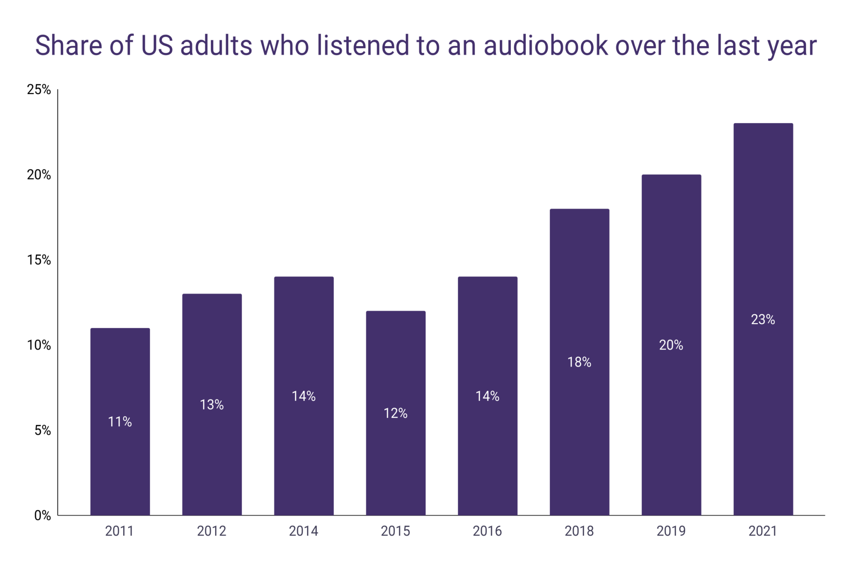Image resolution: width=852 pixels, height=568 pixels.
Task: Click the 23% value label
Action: (763, 320)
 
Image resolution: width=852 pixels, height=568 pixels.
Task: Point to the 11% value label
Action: (120, 422)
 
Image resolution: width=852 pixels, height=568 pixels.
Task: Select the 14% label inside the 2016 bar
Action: (488, 396)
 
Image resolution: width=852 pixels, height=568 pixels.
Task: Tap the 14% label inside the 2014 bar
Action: (304, 396)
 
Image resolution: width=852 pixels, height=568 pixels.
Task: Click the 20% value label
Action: (671, 345)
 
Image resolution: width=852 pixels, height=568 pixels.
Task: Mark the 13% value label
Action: (212, 405)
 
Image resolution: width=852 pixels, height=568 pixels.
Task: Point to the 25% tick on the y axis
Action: (39, 89)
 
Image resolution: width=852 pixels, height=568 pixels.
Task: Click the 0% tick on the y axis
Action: (42, 516)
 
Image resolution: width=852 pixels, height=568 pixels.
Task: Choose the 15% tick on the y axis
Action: (39, 260)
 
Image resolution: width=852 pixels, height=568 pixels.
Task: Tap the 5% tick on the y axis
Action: (42, 430)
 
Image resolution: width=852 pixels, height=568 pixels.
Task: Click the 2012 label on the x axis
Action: (211, 531)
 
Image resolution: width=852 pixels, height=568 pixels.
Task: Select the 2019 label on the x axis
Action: (671, 531)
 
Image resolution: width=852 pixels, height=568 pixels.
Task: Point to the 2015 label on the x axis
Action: (395, 531)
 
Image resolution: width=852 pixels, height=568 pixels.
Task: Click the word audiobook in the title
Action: (545, 45)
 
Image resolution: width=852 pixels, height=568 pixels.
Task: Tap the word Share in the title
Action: (68, 45)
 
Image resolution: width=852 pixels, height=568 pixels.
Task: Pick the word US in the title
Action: (157, 45)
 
